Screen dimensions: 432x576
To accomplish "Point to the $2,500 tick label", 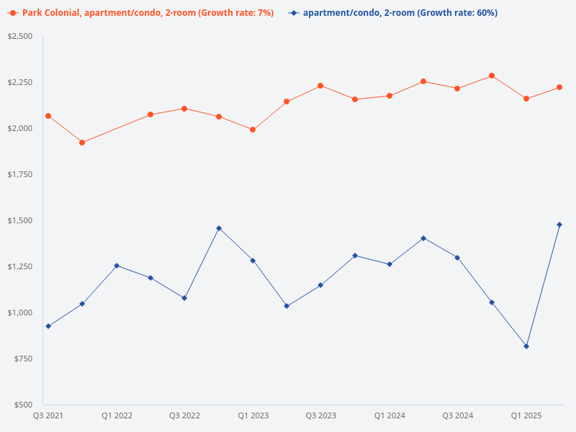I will (21, 36).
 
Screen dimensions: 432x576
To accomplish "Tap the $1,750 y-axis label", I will (21, 174).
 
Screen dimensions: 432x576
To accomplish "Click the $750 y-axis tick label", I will (24, 359).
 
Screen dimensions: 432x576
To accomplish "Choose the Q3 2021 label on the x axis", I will (48, 415).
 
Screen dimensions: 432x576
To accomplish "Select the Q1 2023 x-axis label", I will (253, 415).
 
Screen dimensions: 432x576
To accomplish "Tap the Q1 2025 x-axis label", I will (526, 415).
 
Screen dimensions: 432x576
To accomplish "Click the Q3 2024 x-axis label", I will (458, 415).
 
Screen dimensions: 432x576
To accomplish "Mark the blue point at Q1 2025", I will (526, 346).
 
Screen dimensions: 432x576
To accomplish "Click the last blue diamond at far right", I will (559, 225).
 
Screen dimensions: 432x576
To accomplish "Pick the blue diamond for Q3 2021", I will (48, 326).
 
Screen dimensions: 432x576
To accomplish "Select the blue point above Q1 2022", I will (117, 266).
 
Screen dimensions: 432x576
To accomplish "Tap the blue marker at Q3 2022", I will (184, 298).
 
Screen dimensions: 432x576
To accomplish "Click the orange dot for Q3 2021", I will (48, 116).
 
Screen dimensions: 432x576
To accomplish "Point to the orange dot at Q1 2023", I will (253, 130).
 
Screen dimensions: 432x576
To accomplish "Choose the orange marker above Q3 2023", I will (320, 86).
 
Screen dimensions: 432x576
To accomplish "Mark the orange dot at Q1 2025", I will (526, 99).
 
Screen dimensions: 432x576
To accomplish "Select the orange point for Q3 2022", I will (184, 109).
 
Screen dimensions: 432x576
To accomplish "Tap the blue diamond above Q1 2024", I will (390, 264).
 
